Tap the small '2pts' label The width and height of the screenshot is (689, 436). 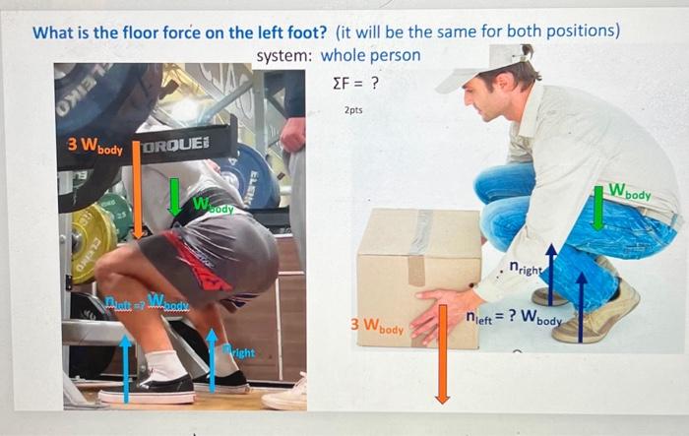click(x=353, y=110)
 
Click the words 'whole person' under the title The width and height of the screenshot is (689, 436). click(x=370, y=56)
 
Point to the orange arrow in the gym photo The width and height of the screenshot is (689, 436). click(x=138, y=192)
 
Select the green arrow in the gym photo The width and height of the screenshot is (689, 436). click(x=174, y=196)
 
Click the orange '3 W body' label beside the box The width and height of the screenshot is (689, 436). click(x=377, y=326)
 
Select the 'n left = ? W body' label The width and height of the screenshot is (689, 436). click(x=514, y=318)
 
